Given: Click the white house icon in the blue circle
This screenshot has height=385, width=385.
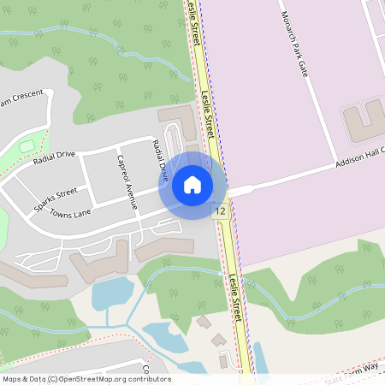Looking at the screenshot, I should tap(192, 185).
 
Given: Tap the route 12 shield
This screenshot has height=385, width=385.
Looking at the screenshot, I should tap(221, 210).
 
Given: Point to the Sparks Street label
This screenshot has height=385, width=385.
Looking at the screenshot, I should tap(56, 196).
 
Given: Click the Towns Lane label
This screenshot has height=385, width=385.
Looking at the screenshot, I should tap(70, 213).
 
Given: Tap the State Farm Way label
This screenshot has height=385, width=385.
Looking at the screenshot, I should tap(352, 369).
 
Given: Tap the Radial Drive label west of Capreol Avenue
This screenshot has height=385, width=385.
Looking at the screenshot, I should tap(55, 157).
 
